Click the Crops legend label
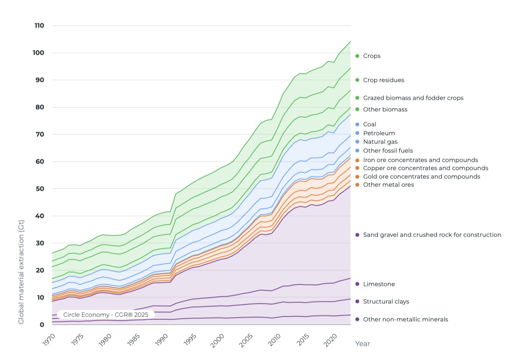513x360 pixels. pyautogui.click(x=372, y=56)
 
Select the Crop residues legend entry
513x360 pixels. pyautogui.click(x=383, y=80)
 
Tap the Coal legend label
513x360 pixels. pyautogui.click(x=369, y=125)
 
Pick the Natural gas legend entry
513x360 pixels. pyautogui.click(x=380, y=142)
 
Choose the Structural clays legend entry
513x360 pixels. pyautogui.click(x=386, y=301)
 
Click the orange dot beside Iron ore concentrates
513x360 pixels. pyautogui.click(x=357, y=160)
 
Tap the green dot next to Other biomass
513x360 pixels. pyautogui.click(x=357, y=110)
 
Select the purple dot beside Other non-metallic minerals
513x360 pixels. pyautogui.click(x=357, y=320)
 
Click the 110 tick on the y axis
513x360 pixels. pyautogui.click(x=39, y=26)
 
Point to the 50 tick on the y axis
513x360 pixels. pyautogui.click(x=40, y=188)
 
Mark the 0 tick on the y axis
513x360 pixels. pyautogui.click(x=42, y=324)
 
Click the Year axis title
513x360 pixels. pyautogui.click(x=362, y=343)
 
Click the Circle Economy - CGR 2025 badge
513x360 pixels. pyautogui.click(x=105, y=315)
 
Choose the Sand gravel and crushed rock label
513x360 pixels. pyautogui.click(x=432, y=235)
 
